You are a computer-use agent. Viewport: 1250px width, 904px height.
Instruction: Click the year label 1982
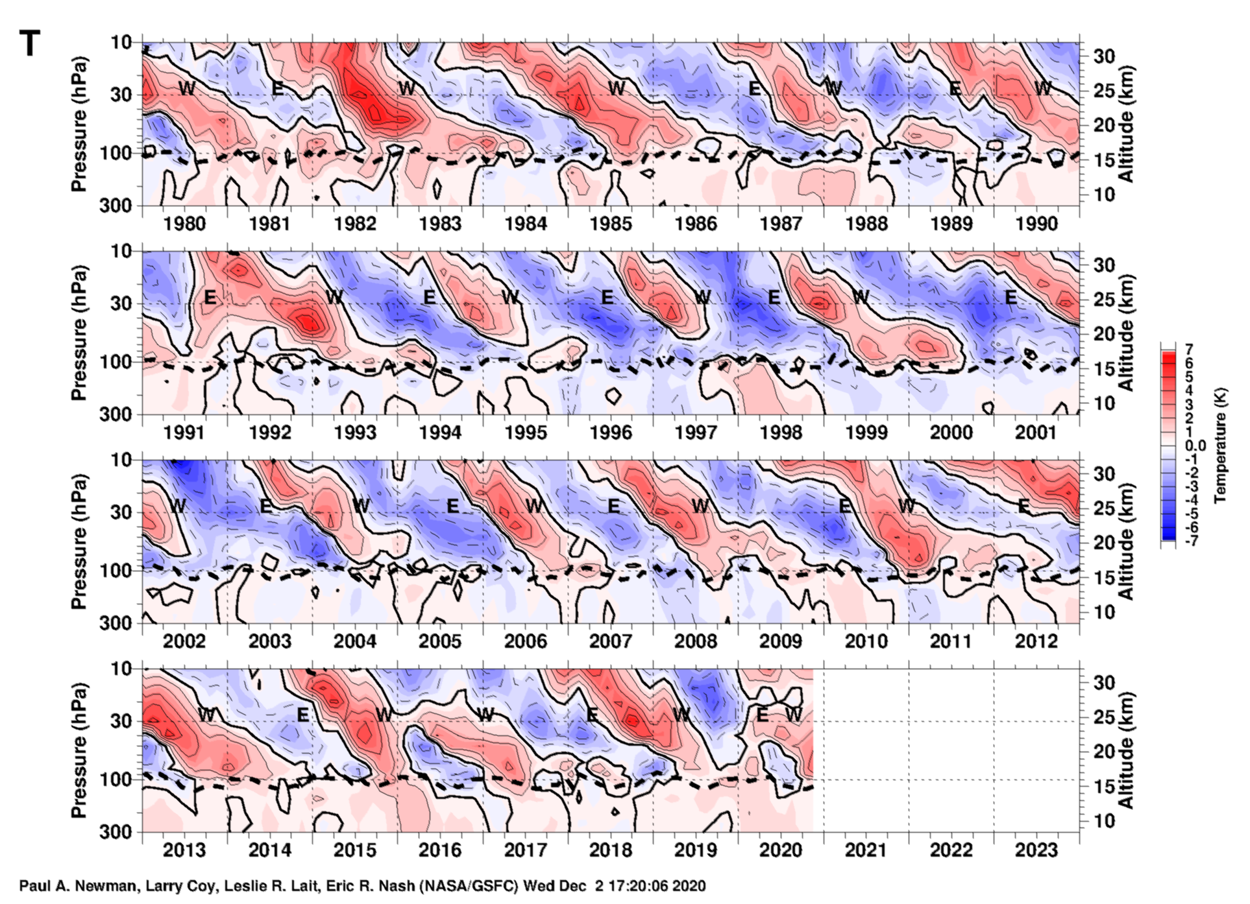[355, 224]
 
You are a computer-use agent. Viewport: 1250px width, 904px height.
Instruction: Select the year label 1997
[696, 433]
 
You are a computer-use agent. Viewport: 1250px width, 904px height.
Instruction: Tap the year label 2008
[696, 641]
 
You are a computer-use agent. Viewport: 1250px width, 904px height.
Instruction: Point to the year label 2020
[781, 850]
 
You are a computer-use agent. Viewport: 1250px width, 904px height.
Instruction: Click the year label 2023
[1036, 850]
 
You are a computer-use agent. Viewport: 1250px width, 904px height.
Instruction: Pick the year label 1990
[1036, 224]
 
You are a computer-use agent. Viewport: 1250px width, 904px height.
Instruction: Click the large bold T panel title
[29, 44]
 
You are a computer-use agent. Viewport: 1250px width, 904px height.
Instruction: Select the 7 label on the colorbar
[1189, 351]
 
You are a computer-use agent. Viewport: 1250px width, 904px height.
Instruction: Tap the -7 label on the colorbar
[1192, 541]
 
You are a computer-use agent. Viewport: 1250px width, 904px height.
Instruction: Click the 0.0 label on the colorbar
[1195, 446]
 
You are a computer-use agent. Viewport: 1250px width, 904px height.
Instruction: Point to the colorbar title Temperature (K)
[1221, 446]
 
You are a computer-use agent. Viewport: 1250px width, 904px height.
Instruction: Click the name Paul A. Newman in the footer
[78, 886]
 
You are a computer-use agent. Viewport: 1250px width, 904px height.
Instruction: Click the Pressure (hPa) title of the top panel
[79, 125]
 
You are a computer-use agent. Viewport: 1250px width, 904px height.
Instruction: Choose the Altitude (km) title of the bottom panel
[1126, 750]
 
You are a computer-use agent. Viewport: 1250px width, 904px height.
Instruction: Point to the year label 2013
[184, 850]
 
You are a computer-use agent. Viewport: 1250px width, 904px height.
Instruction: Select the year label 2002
[184, 641]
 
